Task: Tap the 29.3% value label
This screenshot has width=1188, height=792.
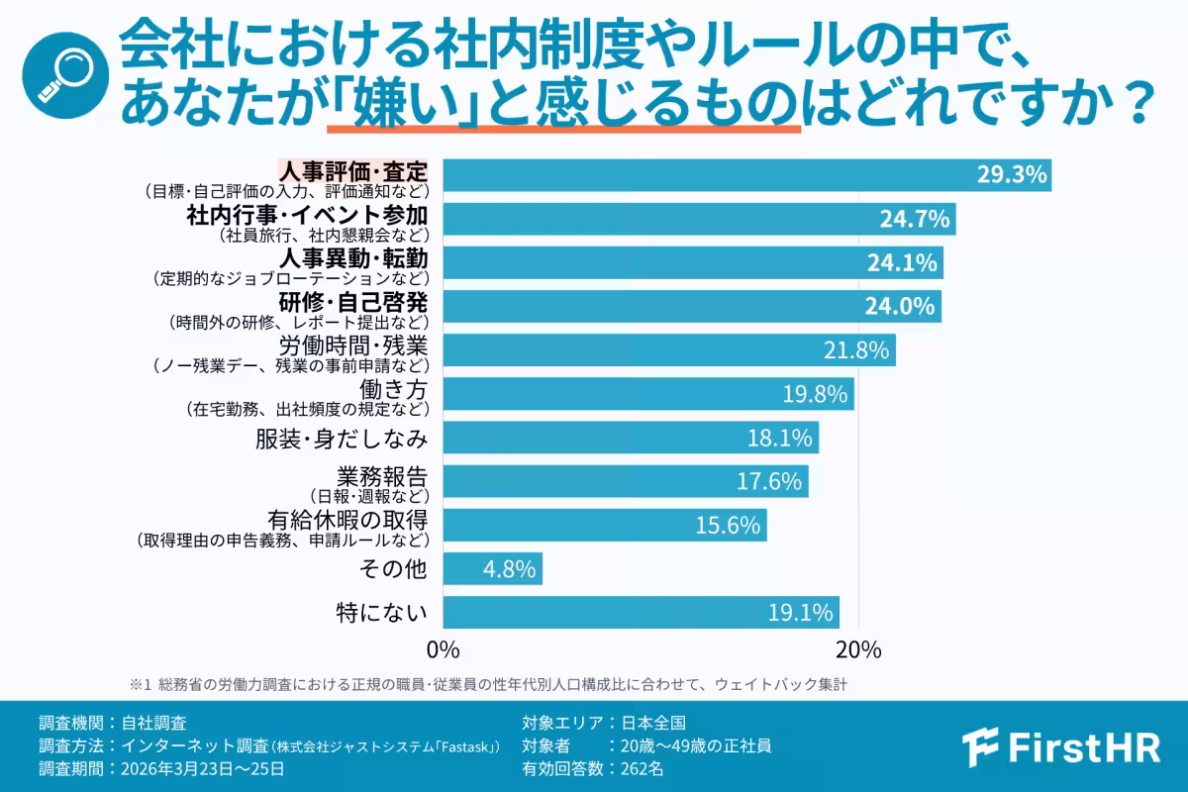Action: (1011, 175)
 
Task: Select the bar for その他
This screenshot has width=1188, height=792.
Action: (492, 569)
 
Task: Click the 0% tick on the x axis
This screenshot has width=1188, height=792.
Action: (443, 650)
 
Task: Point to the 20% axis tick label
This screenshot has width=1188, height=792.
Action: (858, 650)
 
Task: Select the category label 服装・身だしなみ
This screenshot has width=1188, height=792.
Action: (342, 438)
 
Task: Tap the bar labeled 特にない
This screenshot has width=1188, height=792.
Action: (641, 613)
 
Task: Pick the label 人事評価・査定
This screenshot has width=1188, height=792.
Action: (353, 171)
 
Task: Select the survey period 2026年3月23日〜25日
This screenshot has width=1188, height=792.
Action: (161, 767)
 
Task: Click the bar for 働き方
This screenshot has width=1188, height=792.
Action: (647, 394)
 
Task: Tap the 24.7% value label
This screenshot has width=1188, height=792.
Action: (916, 219)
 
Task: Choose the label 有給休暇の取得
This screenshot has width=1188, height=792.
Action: (347, 520)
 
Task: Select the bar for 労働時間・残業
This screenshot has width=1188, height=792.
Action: (668, 350)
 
